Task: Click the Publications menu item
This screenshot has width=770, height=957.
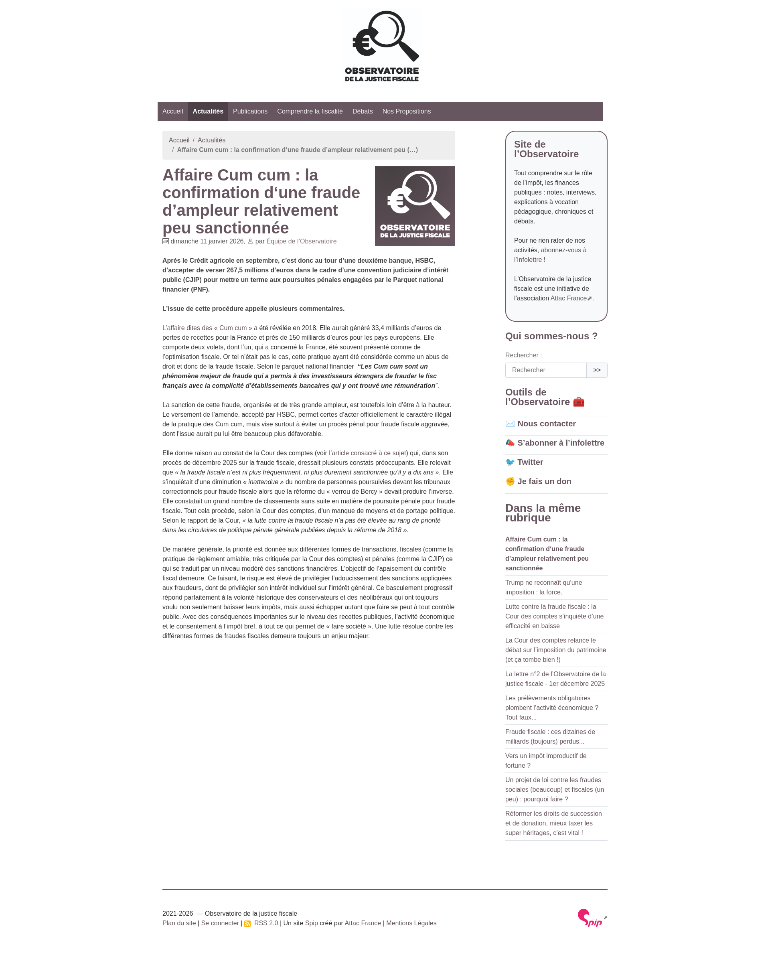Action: point(250,112)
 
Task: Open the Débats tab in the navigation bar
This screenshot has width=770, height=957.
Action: point(362,112)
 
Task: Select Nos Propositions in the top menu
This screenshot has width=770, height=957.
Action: point(406,112)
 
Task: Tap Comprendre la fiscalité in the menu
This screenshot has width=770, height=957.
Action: point(310,112)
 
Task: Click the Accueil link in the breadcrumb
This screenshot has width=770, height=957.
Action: point(179,140)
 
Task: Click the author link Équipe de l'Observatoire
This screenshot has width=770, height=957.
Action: point(301,241)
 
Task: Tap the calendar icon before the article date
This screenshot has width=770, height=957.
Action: point(166,241)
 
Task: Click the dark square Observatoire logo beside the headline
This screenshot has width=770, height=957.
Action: point(415,206)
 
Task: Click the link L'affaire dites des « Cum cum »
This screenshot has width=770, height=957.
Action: point(207,328)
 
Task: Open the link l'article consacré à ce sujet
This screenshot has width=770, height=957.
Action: point(367,453)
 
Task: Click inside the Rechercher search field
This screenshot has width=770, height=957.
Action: point(545,370)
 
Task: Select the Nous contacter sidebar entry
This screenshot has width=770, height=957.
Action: point(546,424)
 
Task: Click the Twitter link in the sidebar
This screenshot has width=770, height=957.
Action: point(530,462)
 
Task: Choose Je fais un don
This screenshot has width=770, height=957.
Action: point(544,482)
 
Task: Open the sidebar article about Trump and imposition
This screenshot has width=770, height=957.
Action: point(543,588)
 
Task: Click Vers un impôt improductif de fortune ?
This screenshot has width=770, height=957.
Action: point(545,761)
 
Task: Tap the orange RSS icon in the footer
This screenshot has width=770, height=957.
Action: point(247,924)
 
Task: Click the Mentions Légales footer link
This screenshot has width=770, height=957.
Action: point(411,923)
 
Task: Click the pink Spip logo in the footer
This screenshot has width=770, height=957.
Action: point(590,918)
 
